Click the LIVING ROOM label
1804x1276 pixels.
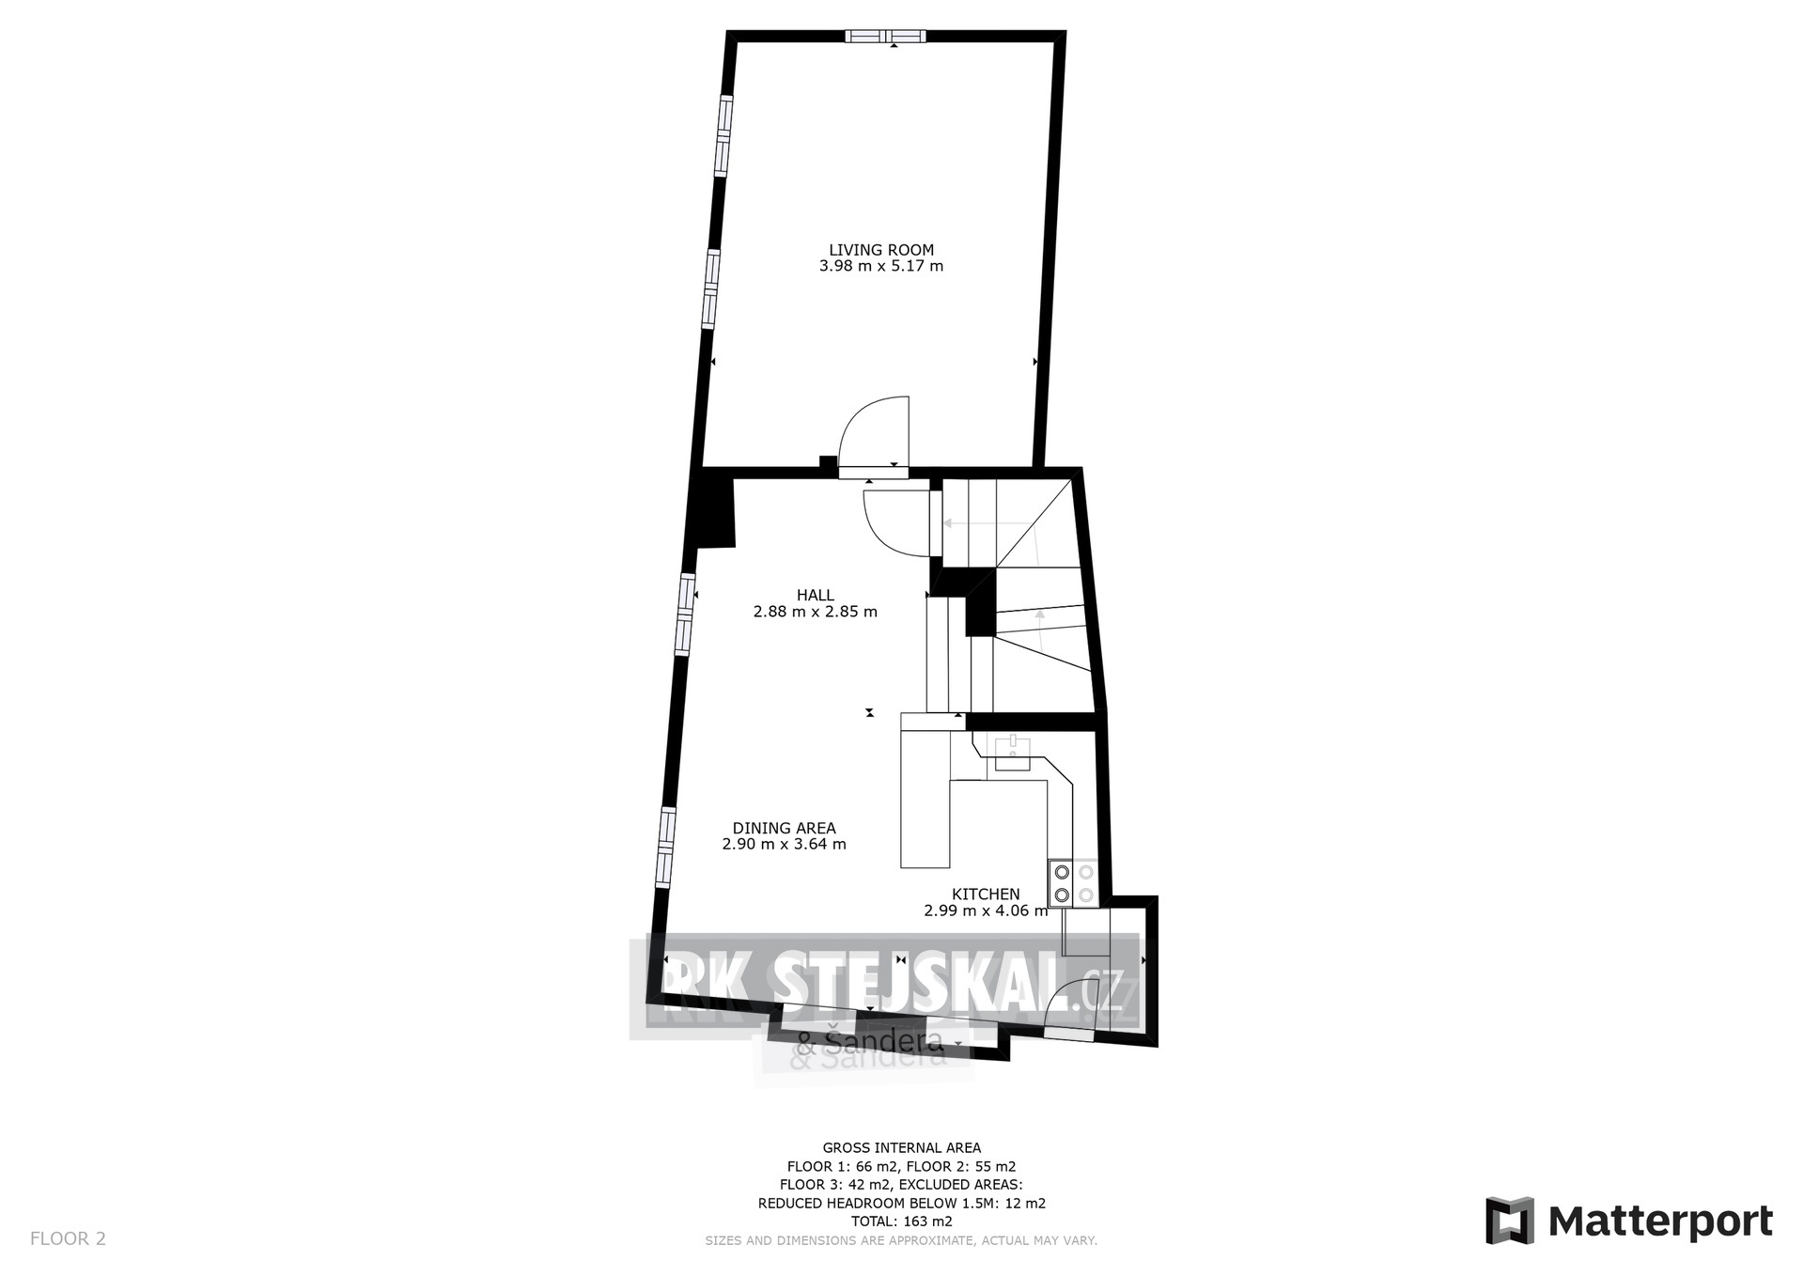(881, 250)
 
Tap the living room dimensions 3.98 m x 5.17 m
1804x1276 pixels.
(881, 266)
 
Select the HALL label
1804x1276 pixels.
(816, 595)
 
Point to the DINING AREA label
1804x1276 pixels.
(785, 828)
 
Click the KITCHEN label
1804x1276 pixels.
(986, 895)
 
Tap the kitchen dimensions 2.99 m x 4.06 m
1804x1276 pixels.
(986, 910)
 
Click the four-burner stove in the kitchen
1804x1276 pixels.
(1074, 883)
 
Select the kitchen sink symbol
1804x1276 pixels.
(1013, 748)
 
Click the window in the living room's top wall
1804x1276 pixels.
(885, 36)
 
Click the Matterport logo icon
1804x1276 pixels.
(1509, 1221)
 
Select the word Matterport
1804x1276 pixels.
(1660, 1222)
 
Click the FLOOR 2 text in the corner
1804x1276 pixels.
(68, 1238)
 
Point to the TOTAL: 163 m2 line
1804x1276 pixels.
(901, 1222)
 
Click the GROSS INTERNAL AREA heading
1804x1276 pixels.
(901, 1147)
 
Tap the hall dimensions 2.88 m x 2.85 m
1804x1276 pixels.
(816, 612)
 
